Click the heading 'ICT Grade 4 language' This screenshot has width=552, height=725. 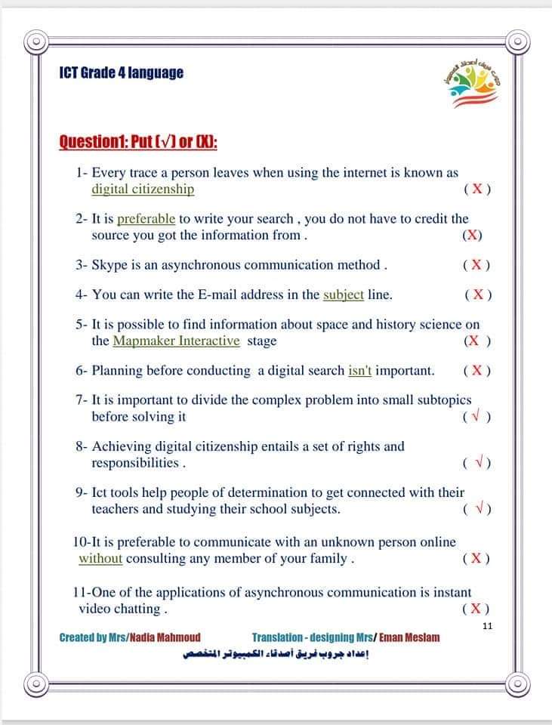(121, 73)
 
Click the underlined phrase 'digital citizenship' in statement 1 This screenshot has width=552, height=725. (143, 190)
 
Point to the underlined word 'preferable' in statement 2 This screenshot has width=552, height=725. (146, 219)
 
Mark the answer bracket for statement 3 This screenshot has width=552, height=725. (476, 265)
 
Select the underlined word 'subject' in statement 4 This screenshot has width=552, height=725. (344, 295)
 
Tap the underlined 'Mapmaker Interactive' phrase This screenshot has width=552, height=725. (177, 341)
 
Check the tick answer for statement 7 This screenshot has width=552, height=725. (477, 417)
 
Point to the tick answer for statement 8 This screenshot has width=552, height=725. (477, 463)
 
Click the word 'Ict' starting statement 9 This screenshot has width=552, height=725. (101, 492)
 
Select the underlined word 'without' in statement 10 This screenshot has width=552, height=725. (100, 559)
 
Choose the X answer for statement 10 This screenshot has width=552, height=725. (476, 559)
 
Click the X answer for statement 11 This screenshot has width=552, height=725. (476, 609)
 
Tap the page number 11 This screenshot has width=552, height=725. (486, 625)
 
